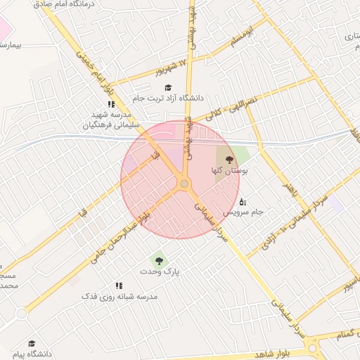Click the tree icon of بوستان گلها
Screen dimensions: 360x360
pos(230,160)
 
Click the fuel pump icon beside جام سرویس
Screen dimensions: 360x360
pos(243,203)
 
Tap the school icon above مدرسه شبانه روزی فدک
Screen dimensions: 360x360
pos(119,285)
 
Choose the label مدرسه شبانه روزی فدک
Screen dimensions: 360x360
pos(120,296)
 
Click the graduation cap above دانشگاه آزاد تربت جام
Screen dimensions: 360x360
pos(168,87)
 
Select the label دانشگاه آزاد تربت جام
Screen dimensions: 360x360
pos(169,98)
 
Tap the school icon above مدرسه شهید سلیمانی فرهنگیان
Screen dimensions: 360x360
pos(111,104)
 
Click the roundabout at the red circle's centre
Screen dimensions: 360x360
pos(184,184)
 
